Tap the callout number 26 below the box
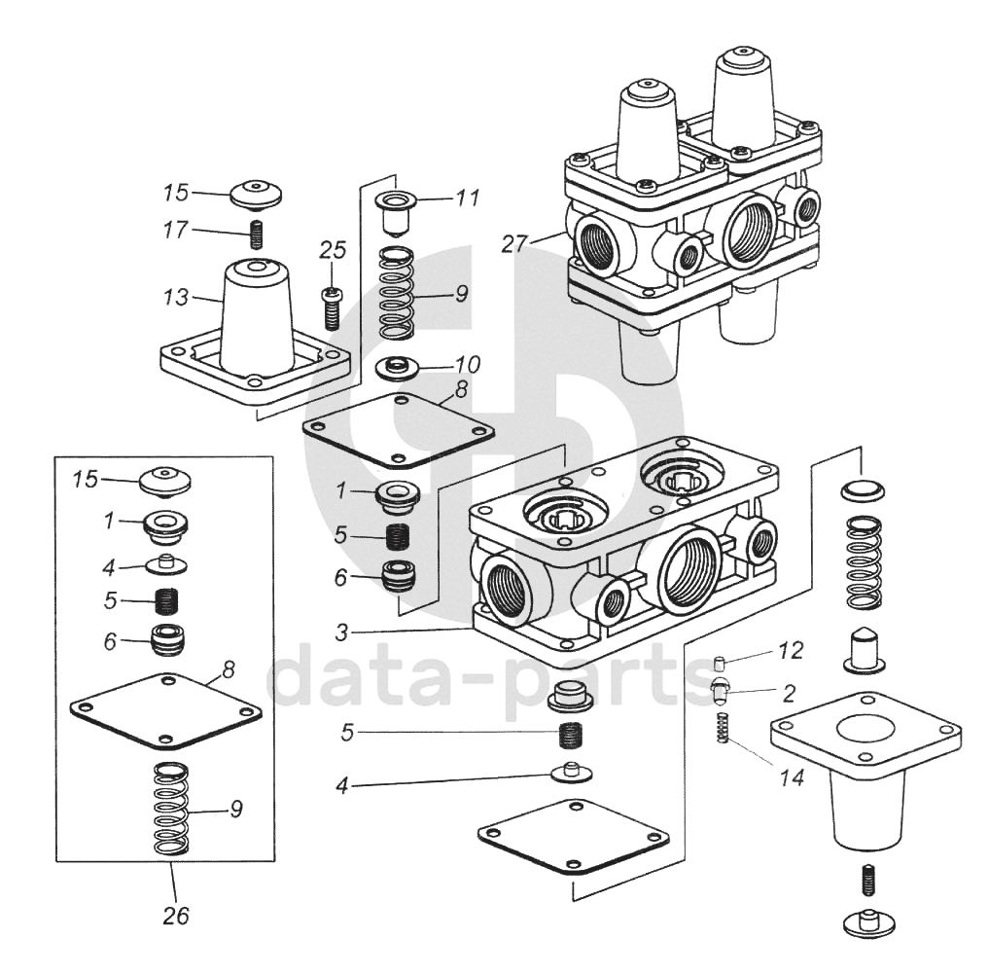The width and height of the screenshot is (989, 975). coord(177,916)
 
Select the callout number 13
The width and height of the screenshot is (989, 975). coord(176,298)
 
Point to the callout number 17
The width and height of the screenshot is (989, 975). coord(176,231)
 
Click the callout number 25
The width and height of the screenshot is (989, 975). coord(333,251)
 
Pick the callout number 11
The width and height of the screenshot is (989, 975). coord(468,199)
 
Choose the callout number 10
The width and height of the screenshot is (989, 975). coord(468,365)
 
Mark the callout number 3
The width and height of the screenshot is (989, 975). coord(341,632)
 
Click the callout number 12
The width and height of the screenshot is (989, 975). coord(790,650)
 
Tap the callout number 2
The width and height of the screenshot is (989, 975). coord(790,693)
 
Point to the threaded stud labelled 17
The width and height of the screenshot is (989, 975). coord(259,235)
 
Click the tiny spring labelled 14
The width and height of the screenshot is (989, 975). coord(723,728)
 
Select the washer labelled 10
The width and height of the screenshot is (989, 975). coord(396,369)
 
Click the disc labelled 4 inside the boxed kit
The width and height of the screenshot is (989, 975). coord(166,563)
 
